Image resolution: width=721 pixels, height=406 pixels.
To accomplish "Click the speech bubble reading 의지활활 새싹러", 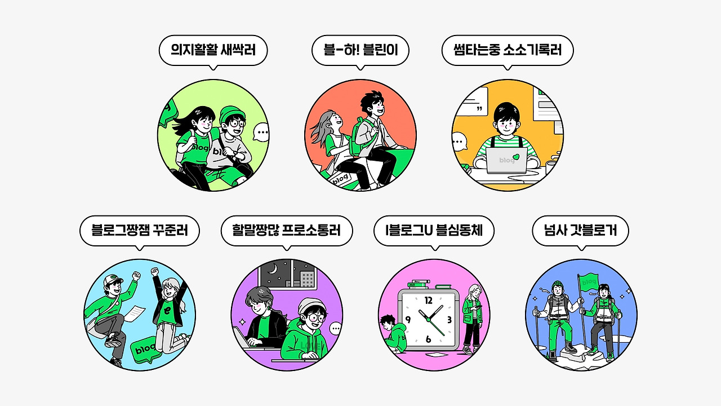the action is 213,51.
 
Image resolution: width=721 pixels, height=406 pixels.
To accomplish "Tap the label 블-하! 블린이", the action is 360,51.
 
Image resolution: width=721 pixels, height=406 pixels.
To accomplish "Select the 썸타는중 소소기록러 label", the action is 508,51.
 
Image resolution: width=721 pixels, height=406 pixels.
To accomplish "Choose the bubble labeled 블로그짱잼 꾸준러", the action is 140,231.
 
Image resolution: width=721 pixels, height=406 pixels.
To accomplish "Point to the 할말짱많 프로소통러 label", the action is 287,231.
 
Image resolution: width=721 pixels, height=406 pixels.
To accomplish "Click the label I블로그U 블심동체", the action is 434,231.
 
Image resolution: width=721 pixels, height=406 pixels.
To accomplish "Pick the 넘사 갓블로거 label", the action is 580,231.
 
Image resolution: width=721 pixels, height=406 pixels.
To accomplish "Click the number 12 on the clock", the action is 429,300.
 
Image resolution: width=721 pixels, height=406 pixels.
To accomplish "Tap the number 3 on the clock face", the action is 449,320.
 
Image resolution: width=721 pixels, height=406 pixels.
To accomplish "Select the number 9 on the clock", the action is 408,320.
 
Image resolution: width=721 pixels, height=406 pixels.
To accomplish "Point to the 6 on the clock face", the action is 429,339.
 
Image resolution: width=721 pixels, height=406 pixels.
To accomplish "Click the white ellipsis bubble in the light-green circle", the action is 261,133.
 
